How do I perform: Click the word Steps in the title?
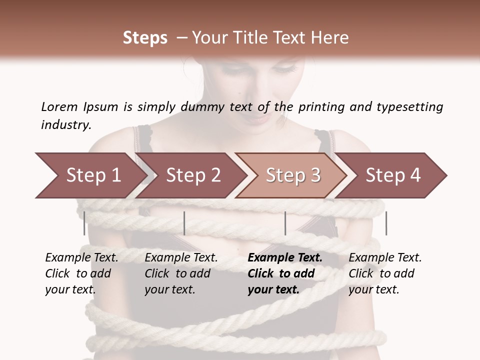145,38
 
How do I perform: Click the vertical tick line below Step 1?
84,223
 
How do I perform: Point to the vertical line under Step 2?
184,223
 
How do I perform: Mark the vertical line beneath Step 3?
285,223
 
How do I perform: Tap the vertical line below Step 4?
386,223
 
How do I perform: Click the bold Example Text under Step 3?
285,273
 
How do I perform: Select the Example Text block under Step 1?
81,273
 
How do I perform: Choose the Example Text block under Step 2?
181,273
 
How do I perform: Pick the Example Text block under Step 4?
385,273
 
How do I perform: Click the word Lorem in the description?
59,107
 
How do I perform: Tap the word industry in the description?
65,125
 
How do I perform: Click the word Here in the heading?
330,38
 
